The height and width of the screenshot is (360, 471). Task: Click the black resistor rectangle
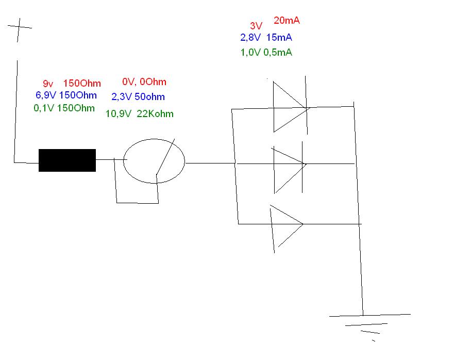(x=67, y=160)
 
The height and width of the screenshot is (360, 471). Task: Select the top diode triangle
(x=288, y=106)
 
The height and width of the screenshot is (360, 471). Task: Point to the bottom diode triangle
(x=285, y=224)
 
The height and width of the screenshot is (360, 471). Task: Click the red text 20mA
(x=287, y=21)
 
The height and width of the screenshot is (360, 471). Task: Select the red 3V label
(x=256, y=26)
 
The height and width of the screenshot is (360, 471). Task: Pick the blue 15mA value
(x=280, y=37)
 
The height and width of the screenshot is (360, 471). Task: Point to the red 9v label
(x=48, y=83)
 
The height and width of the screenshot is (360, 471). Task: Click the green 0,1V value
(x=44, y=108)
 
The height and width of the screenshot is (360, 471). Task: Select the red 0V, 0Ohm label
(x=144, y=82)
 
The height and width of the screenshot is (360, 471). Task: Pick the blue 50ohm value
(x=149, y=96)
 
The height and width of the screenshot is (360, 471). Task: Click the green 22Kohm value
(x=155, y=114)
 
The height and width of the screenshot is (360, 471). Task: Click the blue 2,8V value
(x=251, y=37)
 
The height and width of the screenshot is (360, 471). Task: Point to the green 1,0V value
(x=250, y=52)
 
